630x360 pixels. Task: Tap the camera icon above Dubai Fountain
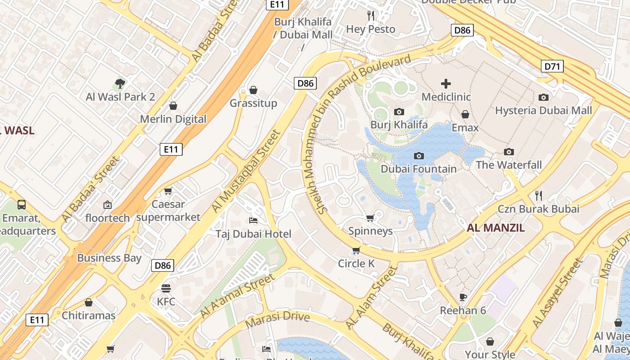[419, 156]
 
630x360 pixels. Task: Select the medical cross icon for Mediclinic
[446, 84]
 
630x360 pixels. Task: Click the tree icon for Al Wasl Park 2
[120, 83]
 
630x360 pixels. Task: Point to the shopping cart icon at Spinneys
[370, 218]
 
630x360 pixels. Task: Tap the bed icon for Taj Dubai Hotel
[253, 220]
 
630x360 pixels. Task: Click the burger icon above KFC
[166, 288]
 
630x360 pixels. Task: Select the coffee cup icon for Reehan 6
[463, 297]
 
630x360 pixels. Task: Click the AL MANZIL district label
[495, 228]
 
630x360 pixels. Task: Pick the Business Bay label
[109, 258]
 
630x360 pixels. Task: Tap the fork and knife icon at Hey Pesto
[371, 16]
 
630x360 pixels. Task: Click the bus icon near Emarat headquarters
[21, 205]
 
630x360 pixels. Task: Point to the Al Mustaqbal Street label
[246, 171]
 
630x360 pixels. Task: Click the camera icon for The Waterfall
[509, 152]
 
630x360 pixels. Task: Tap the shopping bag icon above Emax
[465, 114]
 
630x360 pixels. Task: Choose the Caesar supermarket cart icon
[168, 191]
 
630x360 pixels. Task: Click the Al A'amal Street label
[237, 295]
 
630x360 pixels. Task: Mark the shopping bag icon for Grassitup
[253, 90]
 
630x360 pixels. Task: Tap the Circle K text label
[356, 264]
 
